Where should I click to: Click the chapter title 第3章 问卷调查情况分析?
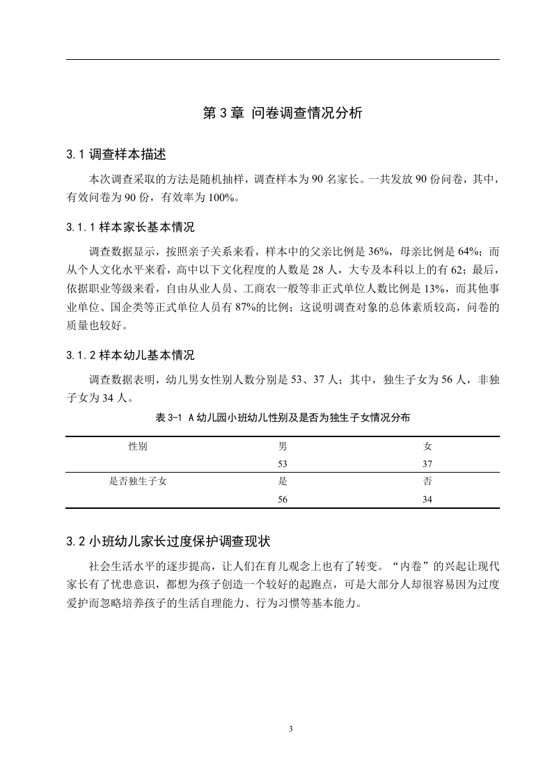pyautogui.click(x=282, y=113)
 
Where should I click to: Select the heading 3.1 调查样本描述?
pyautogui.click(x=115, y=154)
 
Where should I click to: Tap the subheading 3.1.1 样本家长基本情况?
pyautogui.click(x=130, y=228)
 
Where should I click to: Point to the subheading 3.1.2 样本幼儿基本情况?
pyautogui.click(x=130, y=356)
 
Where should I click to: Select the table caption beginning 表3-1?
pyautogui.click(x=283, y=418)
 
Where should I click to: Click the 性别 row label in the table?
pyautogui.click(x=138, y=446)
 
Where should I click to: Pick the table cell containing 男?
pyautogui.click(x=283, y=446)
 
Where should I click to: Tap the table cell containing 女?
pyautogui.click(x=427, y=446)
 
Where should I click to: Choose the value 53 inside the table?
pyautogui.click(x=283, y=464)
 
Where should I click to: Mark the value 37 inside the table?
pyautogui.click(x=427, y=464)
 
